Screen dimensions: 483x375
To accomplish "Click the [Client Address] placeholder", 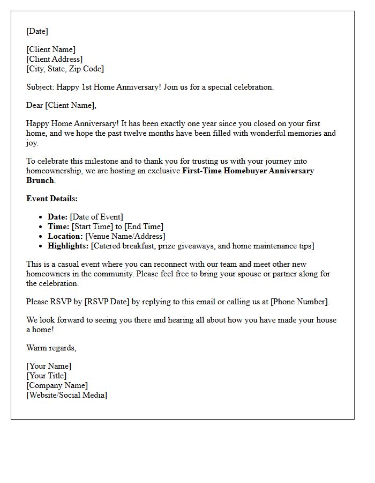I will [x=55, y=59].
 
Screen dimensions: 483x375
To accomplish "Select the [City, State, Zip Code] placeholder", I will [x=65, y=69].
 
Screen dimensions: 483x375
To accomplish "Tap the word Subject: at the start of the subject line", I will [x=41, y=87].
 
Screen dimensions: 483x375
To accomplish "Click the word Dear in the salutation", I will [x=35, y=105].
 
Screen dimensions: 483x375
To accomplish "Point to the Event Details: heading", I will [x=52, y=199].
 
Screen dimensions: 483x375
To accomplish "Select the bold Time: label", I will [x=58, y=226].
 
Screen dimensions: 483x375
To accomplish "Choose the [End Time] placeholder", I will [x=144, y=226].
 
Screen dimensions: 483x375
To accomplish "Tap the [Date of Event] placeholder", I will [x=96, y=217].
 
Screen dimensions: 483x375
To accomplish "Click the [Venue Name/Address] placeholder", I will [x=125, y=236].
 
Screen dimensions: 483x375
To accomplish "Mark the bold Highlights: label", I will [x=68, y=246].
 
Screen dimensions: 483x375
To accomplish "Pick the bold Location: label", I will [x=65, y=236].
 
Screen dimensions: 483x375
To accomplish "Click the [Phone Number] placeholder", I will [x=299, y=302].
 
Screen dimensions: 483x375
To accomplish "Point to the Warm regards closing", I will [x=51, y=348].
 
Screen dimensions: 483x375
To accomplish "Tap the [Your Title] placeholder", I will [x=47, y=376].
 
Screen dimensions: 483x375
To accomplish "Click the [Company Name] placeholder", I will [x=57, y=385].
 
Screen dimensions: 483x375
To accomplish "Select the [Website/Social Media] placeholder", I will [x=66, y=395].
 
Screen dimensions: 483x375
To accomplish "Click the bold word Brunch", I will [x=40, y=180].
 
